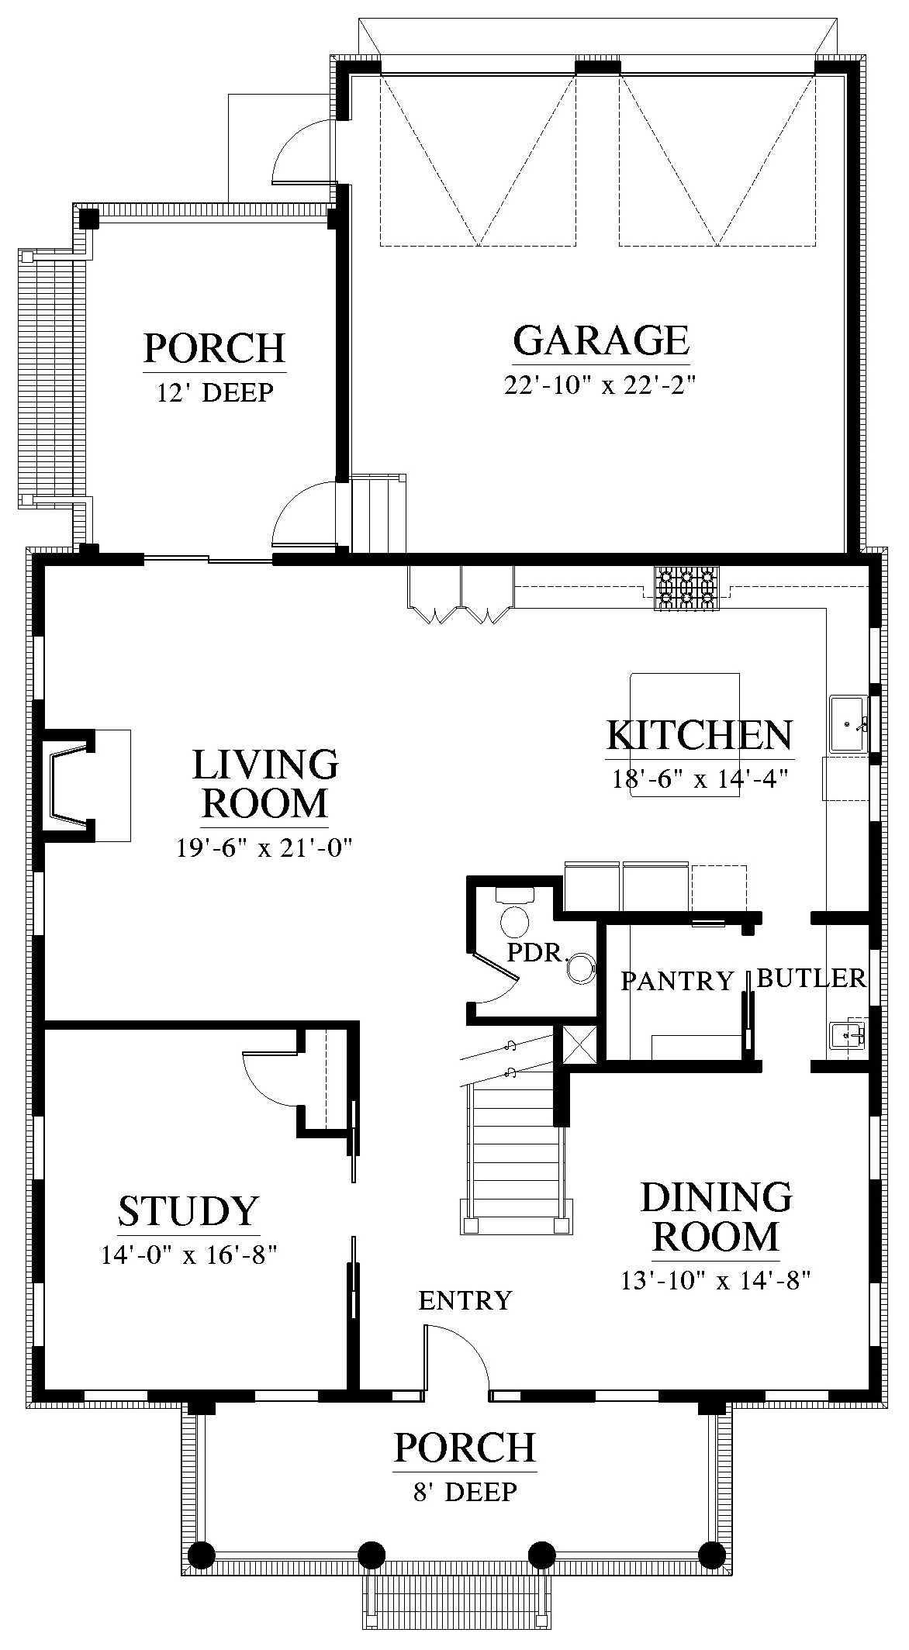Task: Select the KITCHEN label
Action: (700, 735)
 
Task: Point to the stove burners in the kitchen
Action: (686, 589)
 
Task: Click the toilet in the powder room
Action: (514, 914)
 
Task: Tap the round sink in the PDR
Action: (582, 968)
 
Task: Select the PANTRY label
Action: (677, 982)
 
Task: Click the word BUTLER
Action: (811, 979)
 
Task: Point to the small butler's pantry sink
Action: (848, 1034)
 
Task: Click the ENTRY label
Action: (465, 1300)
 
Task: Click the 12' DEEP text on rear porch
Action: (215, 392)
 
